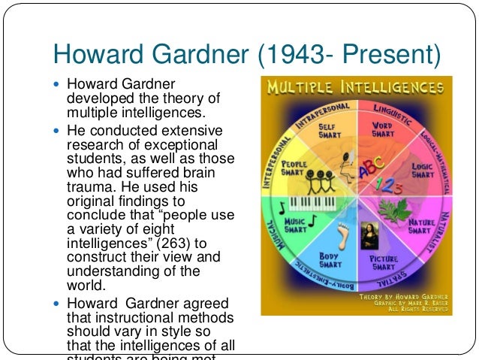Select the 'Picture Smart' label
click(384, 262)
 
